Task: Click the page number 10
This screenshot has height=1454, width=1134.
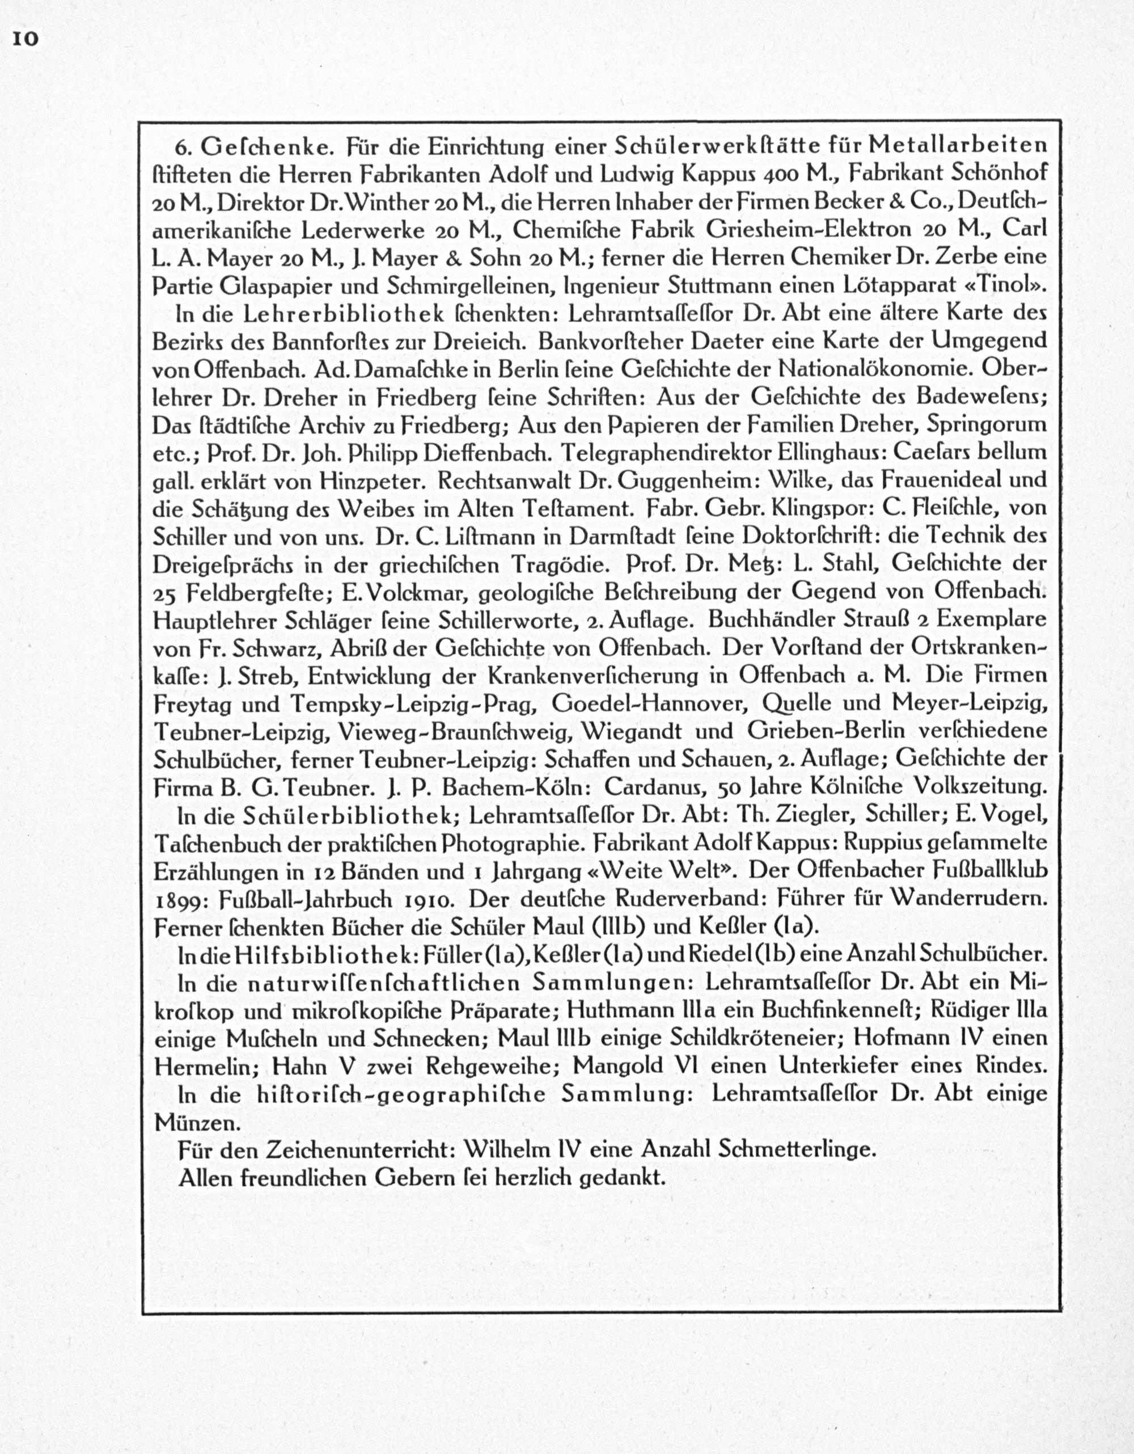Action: click(24, 39)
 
